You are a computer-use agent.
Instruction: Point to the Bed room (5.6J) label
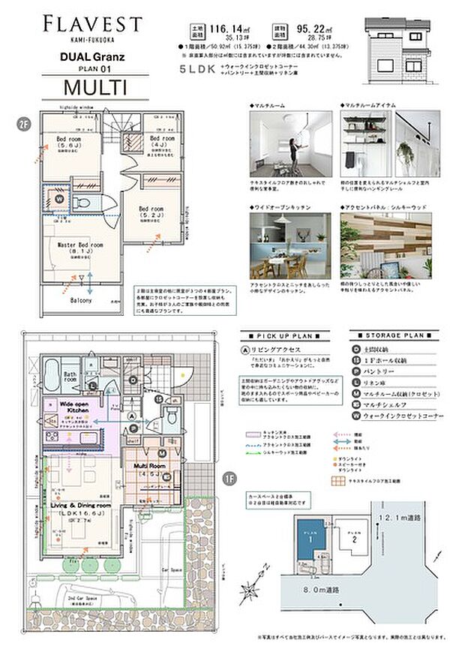click(x=73, y=143)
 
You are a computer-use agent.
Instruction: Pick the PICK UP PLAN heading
click(x=282, y=337)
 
